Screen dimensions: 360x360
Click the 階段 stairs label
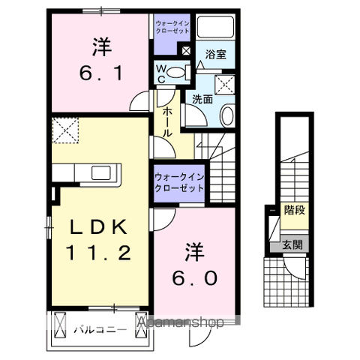pyautogui.click(x=294, y=210)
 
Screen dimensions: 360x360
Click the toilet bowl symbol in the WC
pyautogui.click(x=178, y=72)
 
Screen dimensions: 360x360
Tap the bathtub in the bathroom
pyautogui.click(x=217, y=29)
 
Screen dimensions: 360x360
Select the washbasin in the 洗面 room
pyautogui.click(x=228, y=115)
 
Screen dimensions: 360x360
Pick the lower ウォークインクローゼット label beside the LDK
pyautogui.click(x=179, y=181)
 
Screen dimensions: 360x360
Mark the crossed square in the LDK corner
pyautogui.click(x=65, y=130)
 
